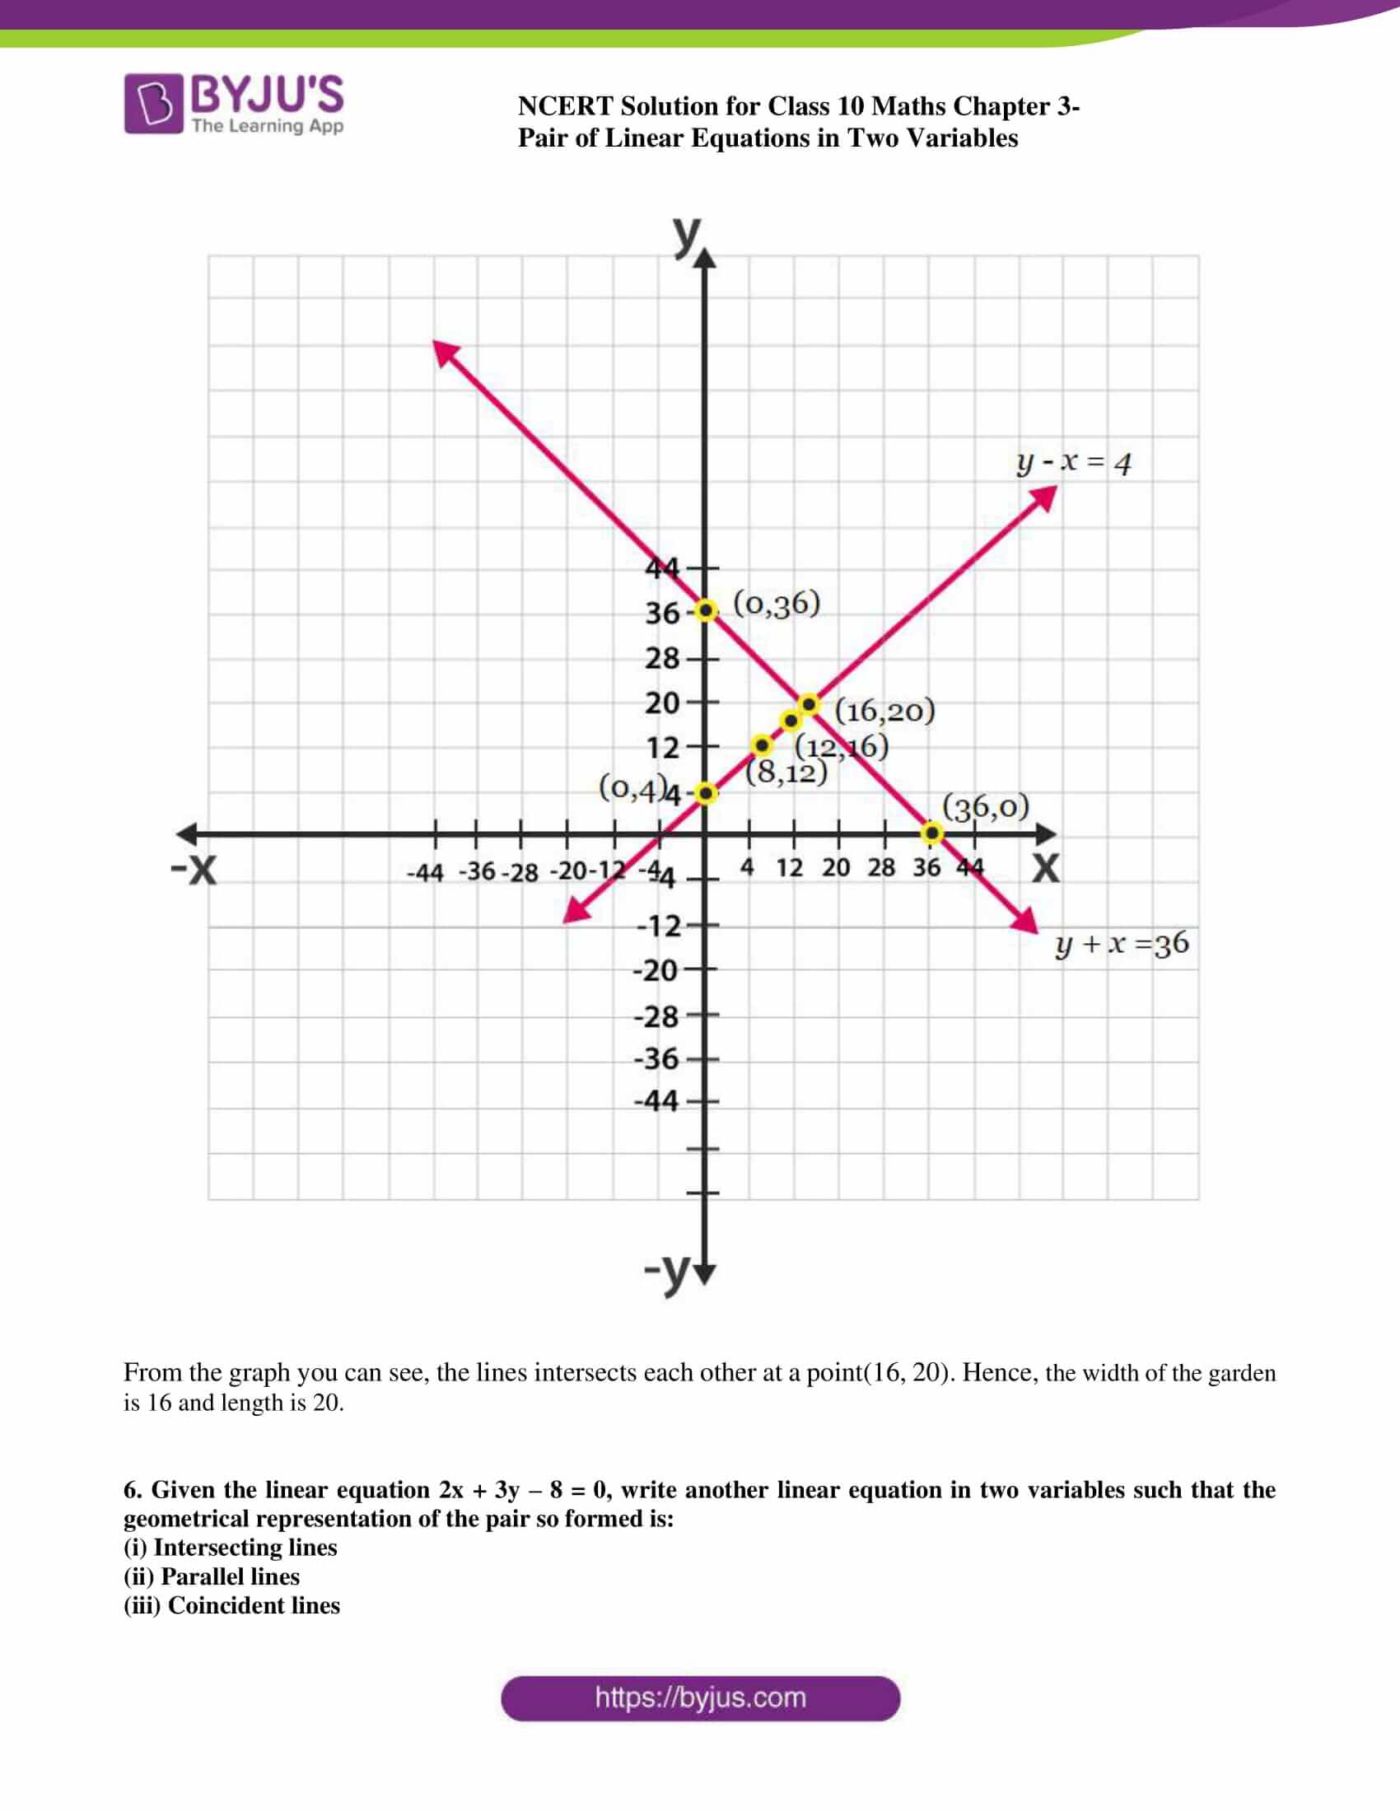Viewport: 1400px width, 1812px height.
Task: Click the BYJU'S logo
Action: (x=234, y=104)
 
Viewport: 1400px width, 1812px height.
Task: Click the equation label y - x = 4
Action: (x=1073, y=462)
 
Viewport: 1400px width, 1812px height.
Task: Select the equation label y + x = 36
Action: (x=1122, y=944)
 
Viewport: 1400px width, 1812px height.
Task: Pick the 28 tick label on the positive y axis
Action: (x=662, y=659)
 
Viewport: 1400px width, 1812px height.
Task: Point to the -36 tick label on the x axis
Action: (x=477, y=871)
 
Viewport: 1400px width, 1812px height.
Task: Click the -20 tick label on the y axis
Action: (x=656, y=970)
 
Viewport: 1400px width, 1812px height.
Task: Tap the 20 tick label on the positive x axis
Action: (x=836, y=868)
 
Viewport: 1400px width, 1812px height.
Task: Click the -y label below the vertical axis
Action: (x=668, y=1268)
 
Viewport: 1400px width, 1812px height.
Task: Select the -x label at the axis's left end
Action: (x=194, y=870)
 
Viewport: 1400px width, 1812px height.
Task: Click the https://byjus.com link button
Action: (x=700, y=1698)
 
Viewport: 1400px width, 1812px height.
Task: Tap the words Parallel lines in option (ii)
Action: (x=230, y=1576)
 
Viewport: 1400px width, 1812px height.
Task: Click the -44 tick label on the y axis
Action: (x=656, y=1101)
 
